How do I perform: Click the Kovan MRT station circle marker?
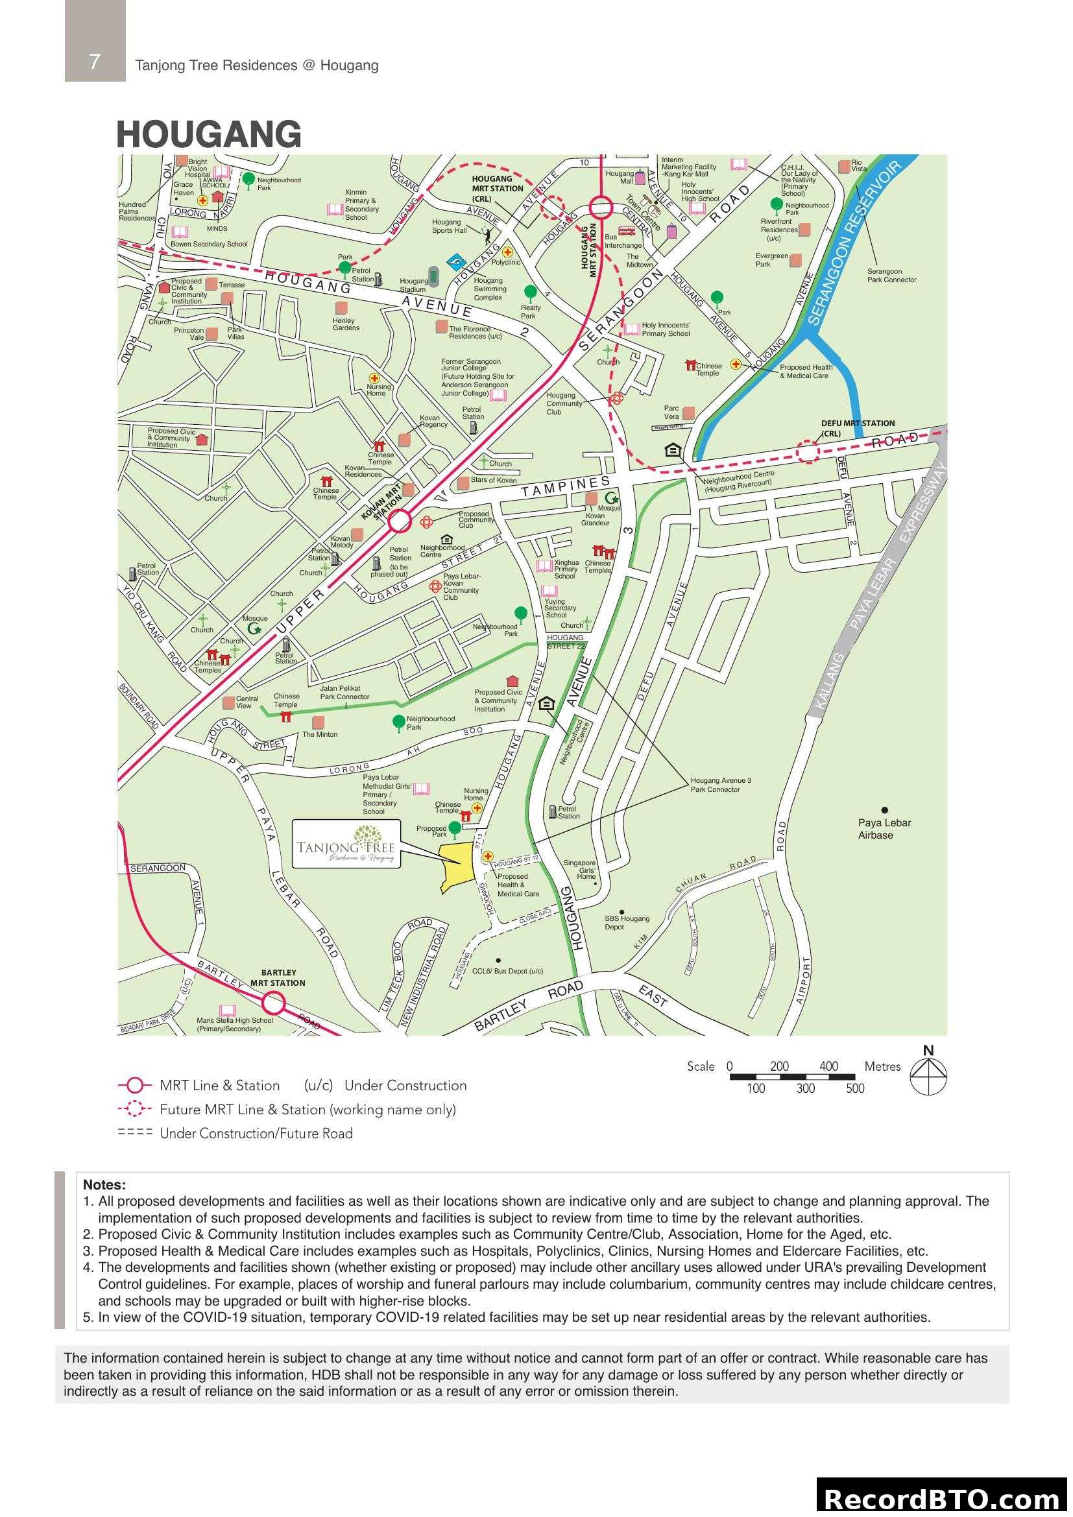399,522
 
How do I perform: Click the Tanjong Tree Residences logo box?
346,844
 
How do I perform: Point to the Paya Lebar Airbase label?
884,828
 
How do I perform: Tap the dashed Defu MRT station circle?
807,451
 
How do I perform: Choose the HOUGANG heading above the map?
209,134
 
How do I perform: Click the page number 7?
95,62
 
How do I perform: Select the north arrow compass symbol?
928,1077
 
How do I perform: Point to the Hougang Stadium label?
413,285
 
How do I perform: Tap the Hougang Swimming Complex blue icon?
455,263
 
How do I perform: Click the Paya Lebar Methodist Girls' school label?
387,794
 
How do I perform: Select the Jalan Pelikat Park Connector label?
344,693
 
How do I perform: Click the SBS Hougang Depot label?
627,922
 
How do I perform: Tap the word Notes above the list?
104,1186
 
